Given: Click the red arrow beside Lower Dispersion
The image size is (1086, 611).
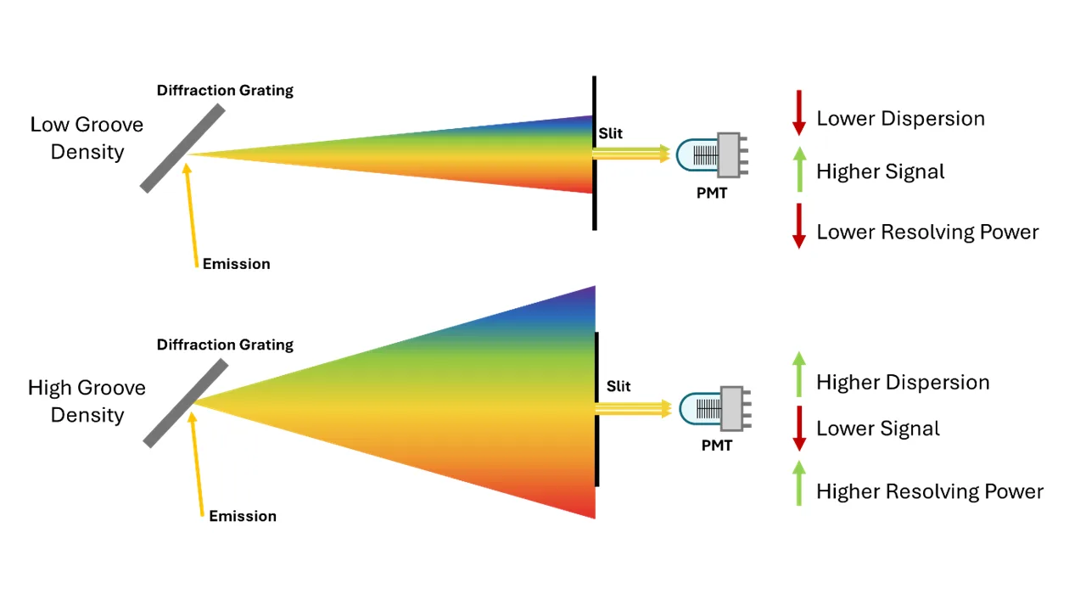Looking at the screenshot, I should pos(798,113).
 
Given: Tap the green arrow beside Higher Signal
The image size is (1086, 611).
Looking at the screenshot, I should pos(798,169).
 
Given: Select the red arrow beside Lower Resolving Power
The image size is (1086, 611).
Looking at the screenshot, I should pos(798,226).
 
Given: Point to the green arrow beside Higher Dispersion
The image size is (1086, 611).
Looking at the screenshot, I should pos(798,375).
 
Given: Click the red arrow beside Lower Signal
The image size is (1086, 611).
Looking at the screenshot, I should pos(798,429).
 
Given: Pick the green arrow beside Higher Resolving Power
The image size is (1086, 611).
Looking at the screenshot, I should pos(798,483).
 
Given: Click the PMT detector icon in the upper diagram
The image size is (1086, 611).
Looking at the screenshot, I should pos(712,154).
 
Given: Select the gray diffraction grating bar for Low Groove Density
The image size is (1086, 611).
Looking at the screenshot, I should pos(182,149).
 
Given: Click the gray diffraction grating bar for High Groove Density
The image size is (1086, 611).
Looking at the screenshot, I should pos(186,403).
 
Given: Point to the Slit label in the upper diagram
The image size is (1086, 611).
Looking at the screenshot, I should pos(610,134).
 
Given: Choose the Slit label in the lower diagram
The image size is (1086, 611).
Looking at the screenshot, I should pos(619,386).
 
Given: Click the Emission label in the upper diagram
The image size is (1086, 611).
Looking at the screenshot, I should pos(236,264).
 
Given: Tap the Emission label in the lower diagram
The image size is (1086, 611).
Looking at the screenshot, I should pos(243,516).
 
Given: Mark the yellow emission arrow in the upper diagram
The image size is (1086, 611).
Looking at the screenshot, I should pos(191,212).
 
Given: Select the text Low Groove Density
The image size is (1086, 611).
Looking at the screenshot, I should pos(87,138).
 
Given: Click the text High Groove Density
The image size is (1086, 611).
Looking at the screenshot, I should pos(87,401).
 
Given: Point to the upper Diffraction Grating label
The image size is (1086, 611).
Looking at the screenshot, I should pos(225,90).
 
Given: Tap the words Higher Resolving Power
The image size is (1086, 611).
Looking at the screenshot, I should pos(929,491).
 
